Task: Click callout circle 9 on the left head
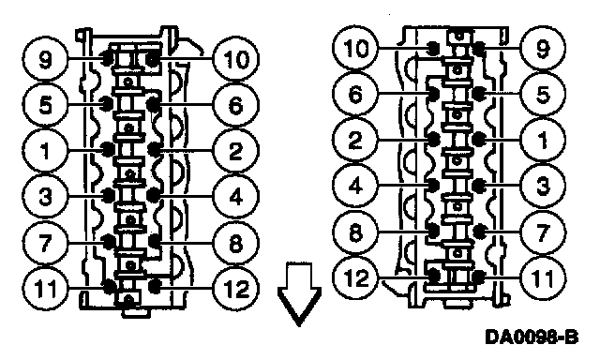(45, 59)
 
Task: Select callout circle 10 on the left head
(235, 59)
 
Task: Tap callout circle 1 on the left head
(45, 150)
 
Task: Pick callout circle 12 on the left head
(235, 288)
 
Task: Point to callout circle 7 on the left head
(45, 243)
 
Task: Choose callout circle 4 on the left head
(235, 196)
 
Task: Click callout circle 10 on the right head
(355, 48)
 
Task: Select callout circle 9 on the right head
(543, 48)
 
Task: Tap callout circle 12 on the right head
(355, 277)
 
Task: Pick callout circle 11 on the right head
(543, 277)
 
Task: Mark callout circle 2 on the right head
(355, 140)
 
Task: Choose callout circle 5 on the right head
(543, 94)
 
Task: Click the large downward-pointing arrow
(299, 293)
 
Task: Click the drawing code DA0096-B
(532, 337)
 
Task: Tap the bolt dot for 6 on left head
(154, 103)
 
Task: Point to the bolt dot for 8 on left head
(154, 241)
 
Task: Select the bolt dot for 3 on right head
(478, 186)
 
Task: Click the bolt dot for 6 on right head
(434, 93)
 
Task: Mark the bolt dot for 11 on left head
(110, 285)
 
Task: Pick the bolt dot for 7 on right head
(478, 231)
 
